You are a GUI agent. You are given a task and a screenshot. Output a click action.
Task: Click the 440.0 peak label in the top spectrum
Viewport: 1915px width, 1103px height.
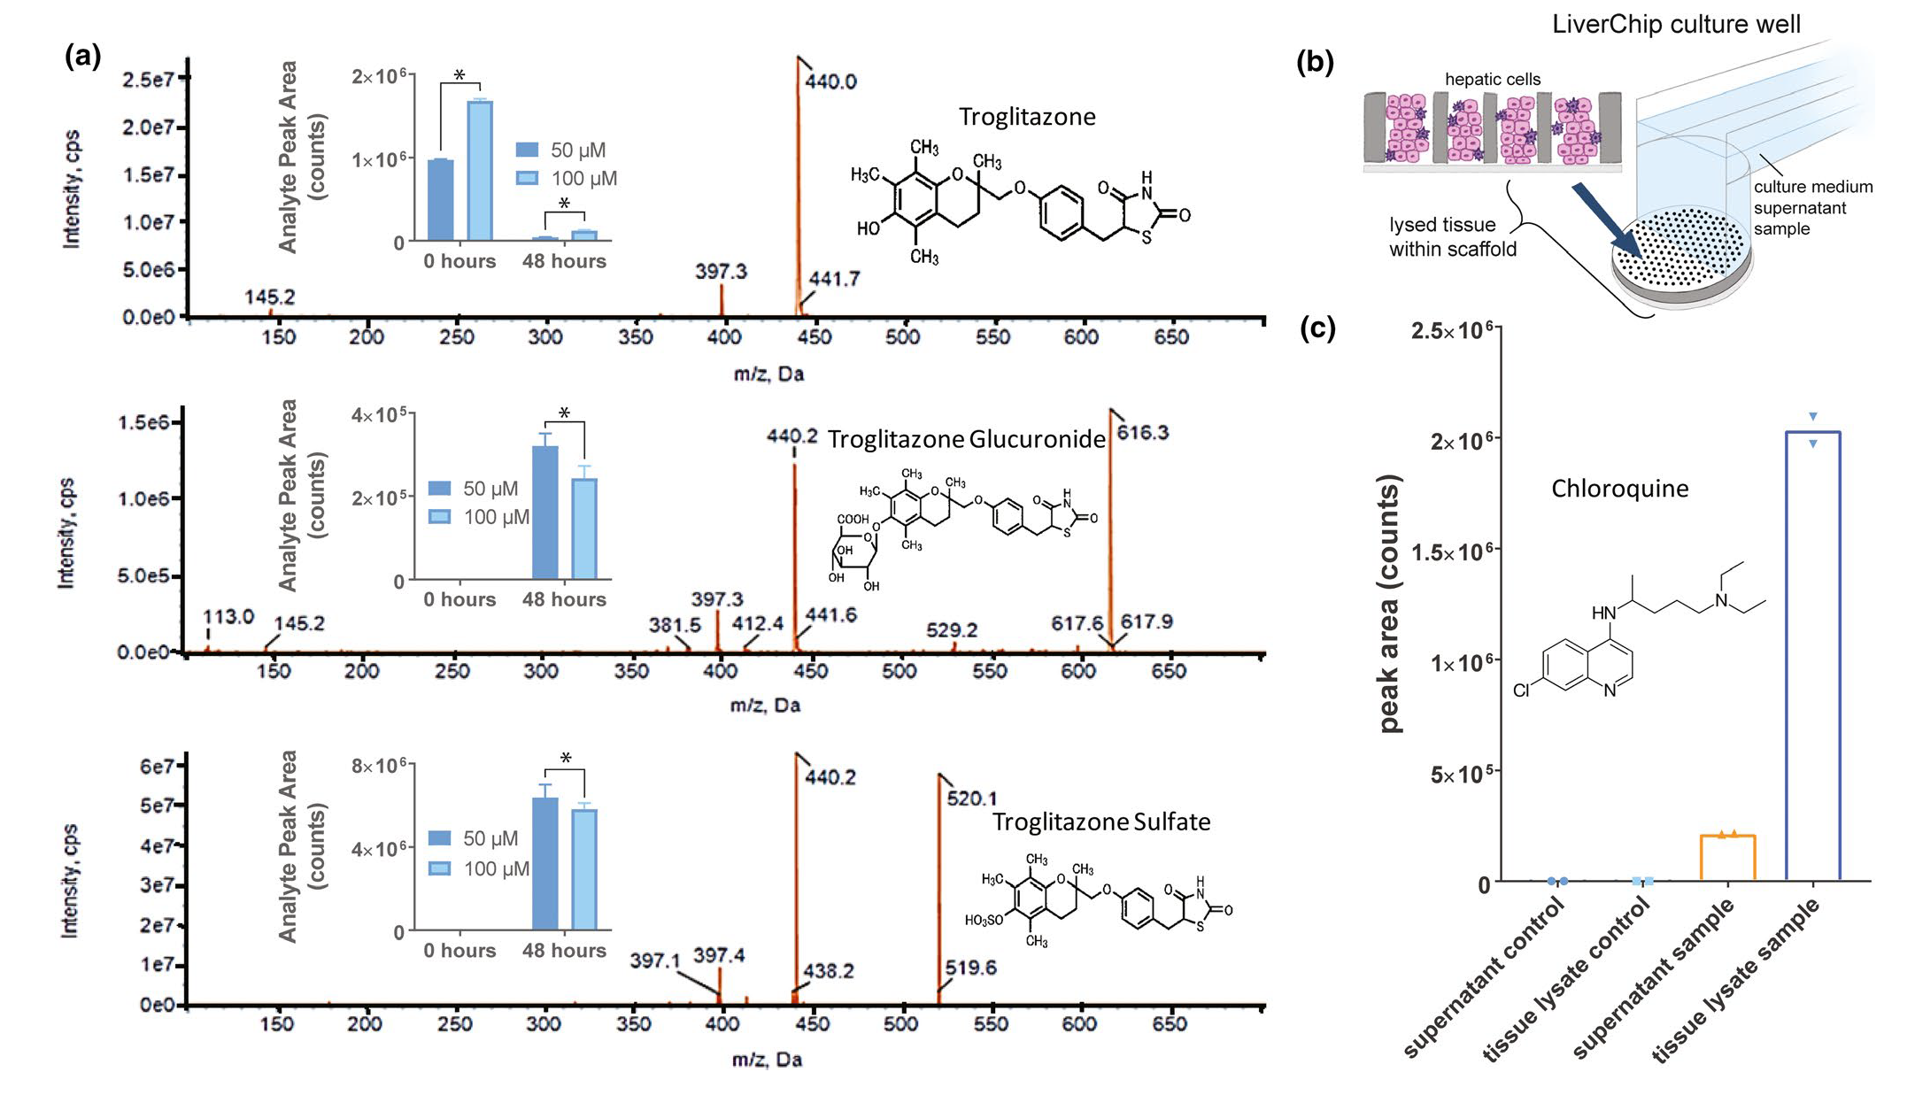[x=830, y=81]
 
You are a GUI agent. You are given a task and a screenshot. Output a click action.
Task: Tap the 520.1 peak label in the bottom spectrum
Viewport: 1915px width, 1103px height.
[x=971, y=798]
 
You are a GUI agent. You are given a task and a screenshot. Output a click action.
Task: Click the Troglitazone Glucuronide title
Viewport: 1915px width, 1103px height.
[x=966, y=440]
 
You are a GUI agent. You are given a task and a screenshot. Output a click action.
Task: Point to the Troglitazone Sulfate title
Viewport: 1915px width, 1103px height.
[x=1100, y=822]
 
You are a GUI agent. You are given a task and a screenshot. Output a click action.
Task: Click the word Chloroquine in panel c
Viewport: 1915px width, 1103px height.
[x=1619, y=489]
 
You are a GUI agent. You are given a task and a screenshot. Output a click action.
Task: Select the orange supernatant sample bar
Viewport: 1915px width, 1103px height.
[x=1727, y=858]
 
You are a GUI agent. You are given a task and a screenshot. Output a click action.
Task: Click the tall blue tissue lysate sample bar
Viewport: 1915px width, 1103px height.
[x=1812, y=655]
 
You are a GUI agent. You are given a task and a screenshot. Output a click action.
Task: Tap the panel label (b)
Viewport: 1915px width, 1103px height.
[x=1315, y=62]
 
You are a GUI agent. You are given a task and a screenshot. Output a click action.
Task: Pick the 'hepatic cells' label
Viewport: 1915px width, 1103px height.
[x=1492, y=80]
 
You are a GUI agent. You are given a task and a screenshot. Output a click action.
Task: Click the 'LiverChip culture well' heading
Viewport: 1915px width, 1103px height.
[x=1676, y=24]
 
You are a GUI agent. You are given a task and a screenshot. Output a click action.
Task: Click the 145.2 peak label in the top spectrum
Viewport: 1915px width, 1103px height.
[x=269, y=297]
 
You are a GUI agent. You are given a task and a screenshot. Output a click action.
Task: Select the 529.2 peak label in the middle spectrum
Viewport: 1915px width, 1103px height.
[x=951, y=630]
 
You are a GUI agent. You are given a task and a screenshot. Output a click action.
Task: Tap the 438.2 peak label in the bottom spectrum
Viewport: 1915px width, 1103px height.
[x=828, y=971]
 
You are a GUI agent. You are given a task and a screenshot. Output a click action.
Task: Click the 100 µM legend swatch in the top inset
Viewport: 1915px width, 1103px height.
[x=527, y=178]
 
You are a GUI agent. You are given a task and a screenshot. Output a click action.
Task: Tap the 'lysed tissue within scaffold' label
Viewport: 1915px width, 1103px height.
[x=1452, y=237]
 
